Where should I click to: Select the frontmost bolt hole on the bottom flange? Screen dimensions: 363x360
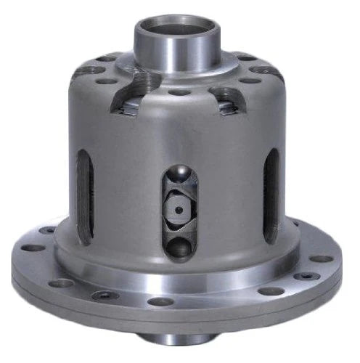tap(161, 301)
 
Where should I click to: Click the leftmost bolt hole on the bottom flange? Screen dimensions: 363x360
tap(33, 248)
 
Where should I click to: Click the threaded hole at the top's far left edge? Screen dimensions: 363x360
tap(85, 71)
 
